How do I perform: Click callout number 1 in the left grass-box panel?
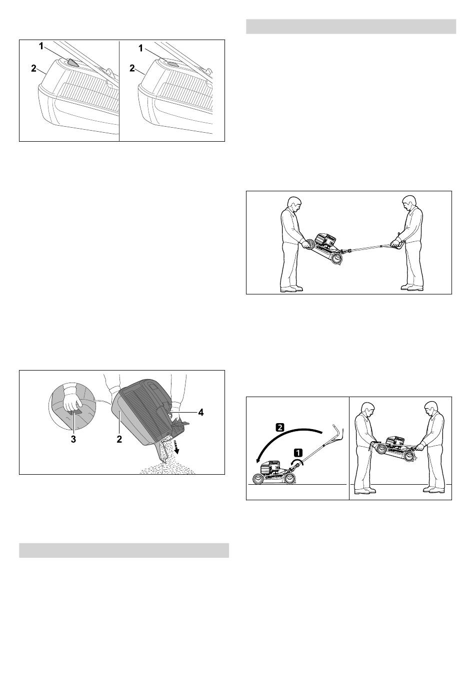(41, 47)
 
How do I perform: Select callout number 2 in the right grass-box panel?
(132, 68)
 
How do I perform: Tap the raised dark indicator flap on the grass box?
(72, 63)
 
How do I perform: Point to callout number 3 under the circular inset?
(73, 440)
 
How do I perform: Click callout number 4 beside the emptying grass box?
(201, 412)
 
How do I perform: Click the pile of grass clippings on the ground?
(167, 469)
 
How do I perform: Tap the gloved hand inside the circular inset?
(71, 404)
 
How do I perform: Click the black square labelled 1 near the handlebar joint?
(298, 452)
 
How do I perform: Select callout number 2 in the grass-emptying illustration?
(119, 440)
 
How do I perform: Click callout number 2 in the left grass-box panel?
(33, 68)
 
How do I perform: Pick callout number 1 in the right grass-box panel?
(141, 48)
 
